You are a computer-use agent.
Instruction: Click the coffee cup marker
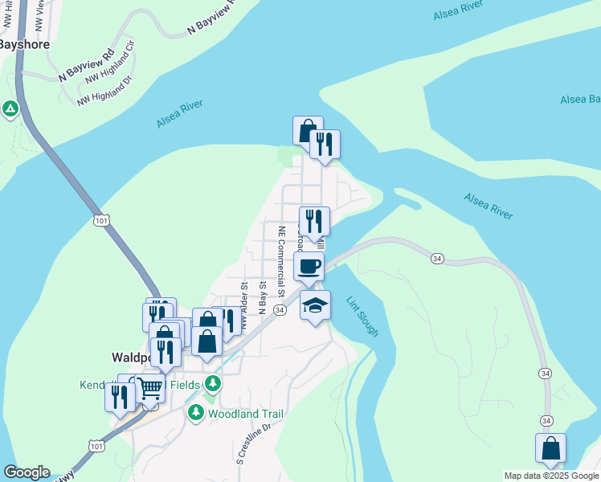(x=309, y=266)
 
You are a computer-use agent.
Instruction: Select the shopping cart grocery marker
(x=149, y=389)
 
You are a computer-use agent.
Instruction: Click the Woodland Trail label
(x=246, y=414)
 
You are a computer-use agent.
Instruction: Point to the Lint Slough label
(x=362, y=317)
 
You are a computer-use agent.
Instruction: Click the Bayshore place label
(x=24, y=45)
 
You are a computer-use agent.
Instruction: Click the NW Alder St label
(x=243, y=297)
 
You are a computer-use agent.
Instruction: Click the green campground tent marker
(x=10, y=108)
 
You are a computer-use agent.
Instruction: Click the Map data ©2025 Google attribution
(x=552, y=476)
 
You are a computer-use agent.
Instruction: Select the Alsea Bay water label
(x=580, y=99)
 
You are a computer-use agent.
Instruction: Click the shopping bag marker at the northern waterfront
(x=308, y=131)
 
